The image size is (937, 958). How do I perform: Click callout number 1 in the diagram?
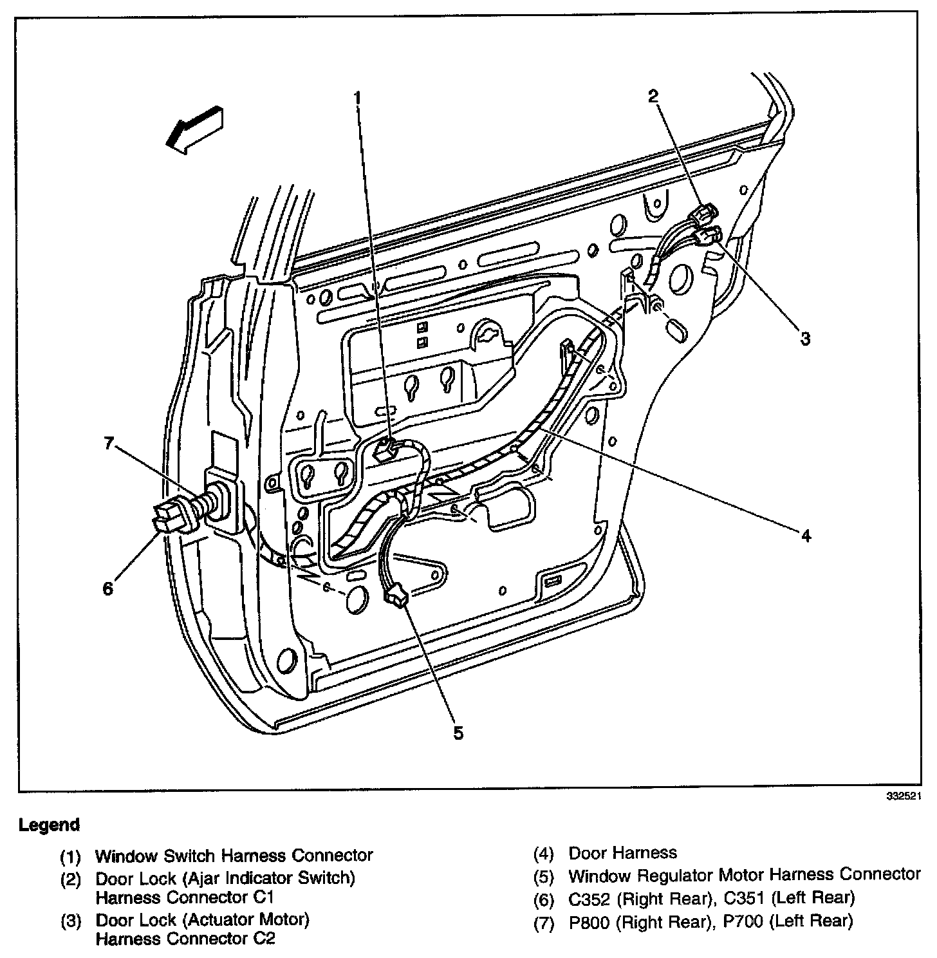pyautogui.click(x=358, y=97)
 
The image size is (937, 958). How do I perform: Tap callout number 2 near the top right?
pyautogui.click(x=653, y=97)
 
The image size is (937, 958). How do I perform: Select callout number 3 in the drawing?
pyautogui.click(x=804, y=339)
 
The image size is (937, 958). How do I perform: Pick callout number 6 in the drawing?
pyautogui.click(x=108, y=588)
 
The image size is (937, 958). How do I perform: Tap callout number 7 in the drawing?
pyautogui.click(x=109, y=443)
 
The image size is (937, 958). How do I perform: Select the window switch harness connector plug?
pyautogui.click(x=385, y=449)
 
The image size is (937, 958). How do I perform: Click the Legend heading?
pyautogui.click(x=50, y=825)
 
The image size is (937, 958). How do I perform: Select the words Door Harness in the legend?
pyautogui.click(x=622, y=854)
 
